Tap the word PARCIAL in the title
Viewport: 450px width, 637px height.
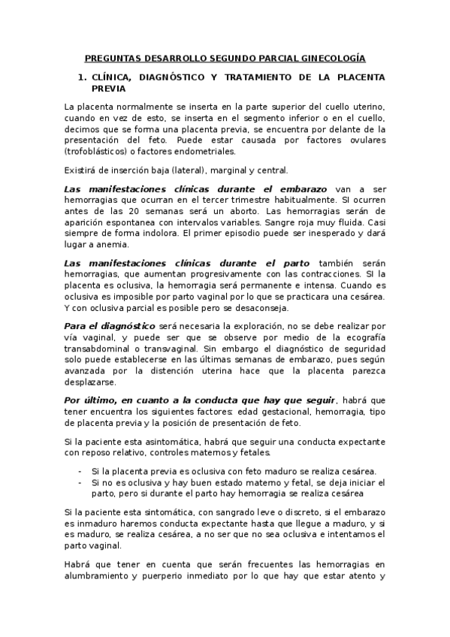[x=267, y=57]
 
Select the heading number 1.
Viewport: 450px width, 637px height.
[x=83, y=77]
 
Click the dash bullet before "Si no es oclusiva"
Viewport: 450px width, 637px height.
[x=80, y=482]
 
